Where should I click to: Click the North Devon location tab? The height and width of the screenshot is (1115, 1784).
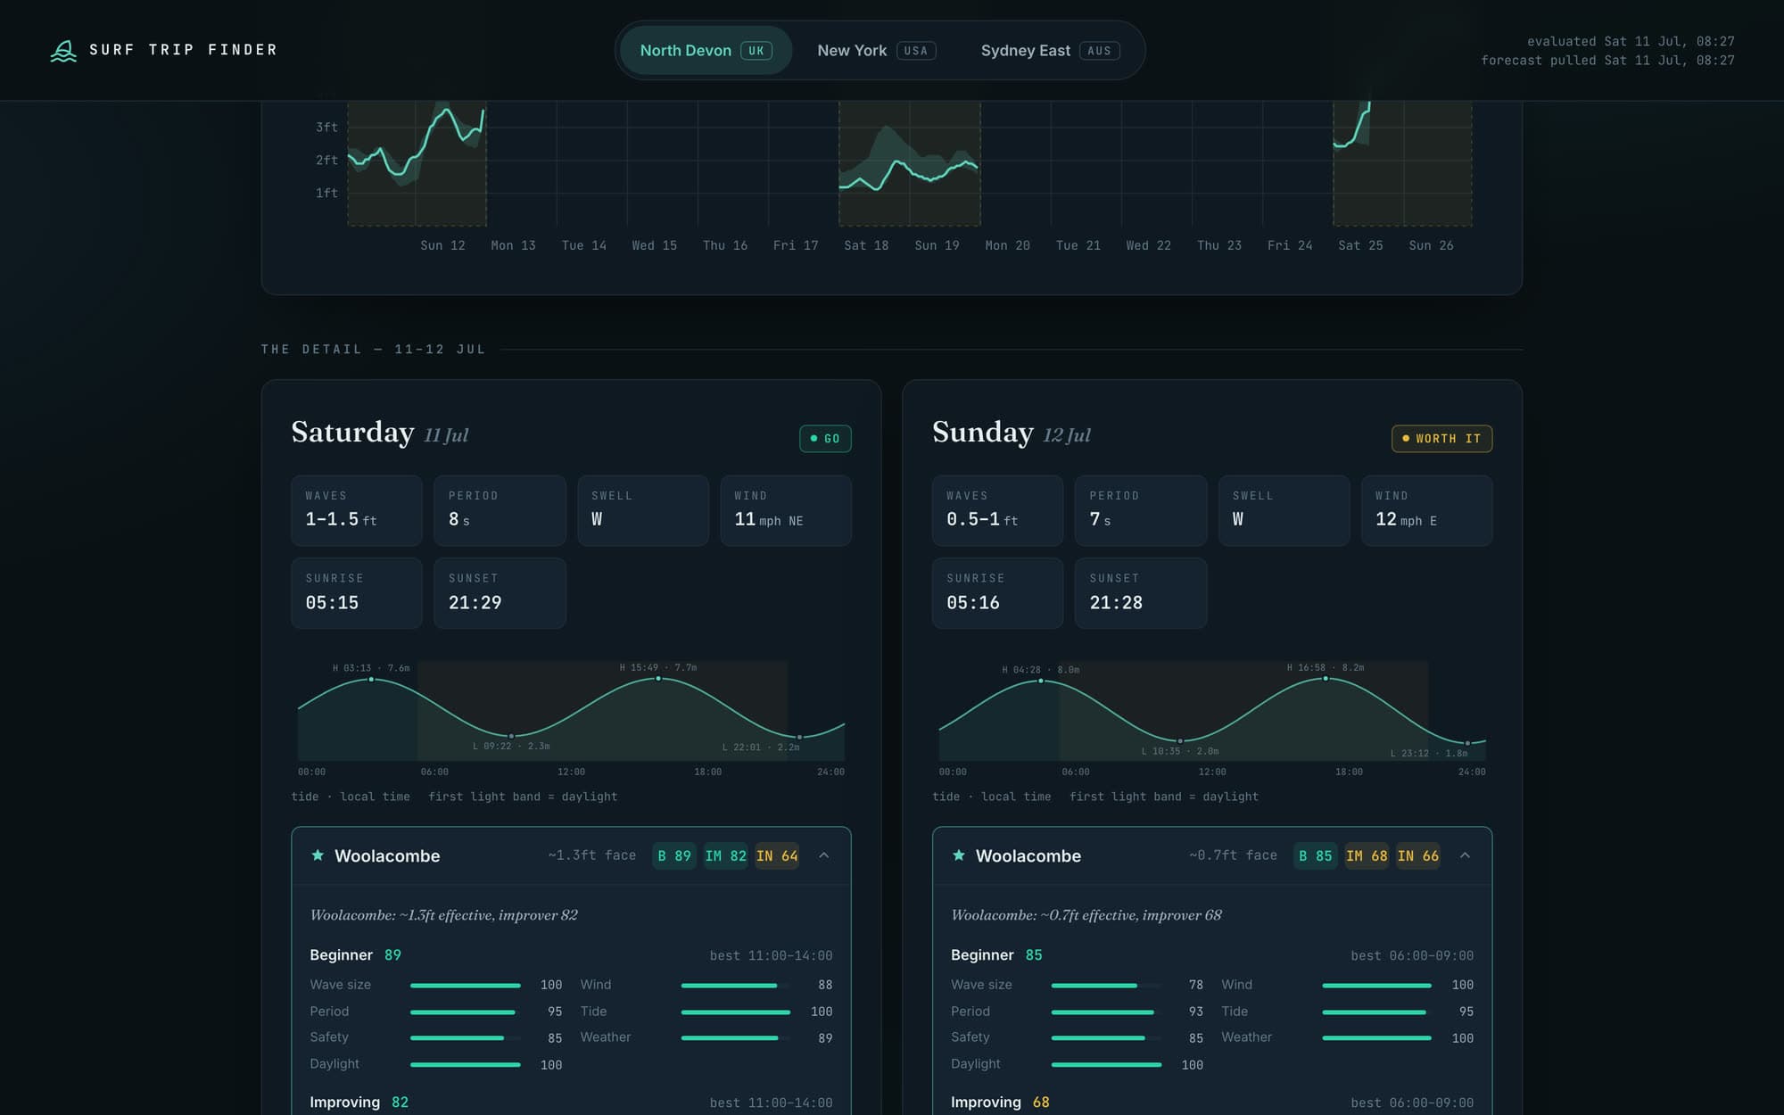(706, 51)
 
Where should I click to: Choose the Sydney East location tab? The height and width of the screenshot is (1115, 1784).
(1050, 51)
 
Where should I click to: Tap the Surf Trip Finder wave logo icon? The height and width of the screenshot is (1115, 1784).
(63, 51)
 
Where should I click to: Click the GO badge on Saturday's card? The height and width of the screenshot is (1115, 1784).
(825, 439)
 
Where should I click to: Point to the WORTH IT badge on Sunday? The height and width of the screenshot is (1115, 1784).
(1441, 439)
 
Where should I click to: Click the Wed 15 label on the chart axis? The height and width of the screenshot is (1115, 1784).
(655, 245)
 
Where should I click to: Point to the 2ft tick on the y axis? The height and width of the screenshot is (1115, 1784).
(326, 161)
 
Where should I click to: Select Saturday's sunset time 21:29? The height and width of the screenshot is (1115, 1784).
(475, 603)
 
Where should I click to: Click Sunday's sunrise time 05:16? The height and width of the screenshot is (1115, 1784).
(973, 603)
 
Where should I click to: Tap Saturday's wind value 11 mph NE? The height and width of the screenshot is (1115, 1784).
(769, 520)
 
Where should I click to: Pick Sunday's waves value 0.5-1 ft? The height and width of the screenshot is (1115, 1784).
(982, 520)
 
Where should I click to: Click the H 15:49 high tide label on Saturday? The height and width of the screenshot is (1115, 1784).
(658, 667)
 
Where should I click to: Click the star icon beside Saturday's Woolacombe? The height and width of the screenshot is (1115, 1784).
(318, 855)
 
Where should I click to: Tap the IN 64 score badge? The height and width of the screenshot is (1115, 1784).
(777, 856)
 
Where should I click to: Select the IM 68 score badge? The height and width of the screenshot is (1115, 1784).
(1367, 856)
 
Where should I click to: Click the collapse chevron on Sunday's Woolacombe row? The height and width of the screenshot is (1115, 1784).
(1465, 855)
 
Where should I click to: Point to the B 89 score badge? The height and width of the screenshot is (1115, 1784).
(674, 856)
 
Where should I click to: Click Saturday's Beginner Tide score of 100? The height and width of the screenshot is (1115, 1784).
(822, 1012)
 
